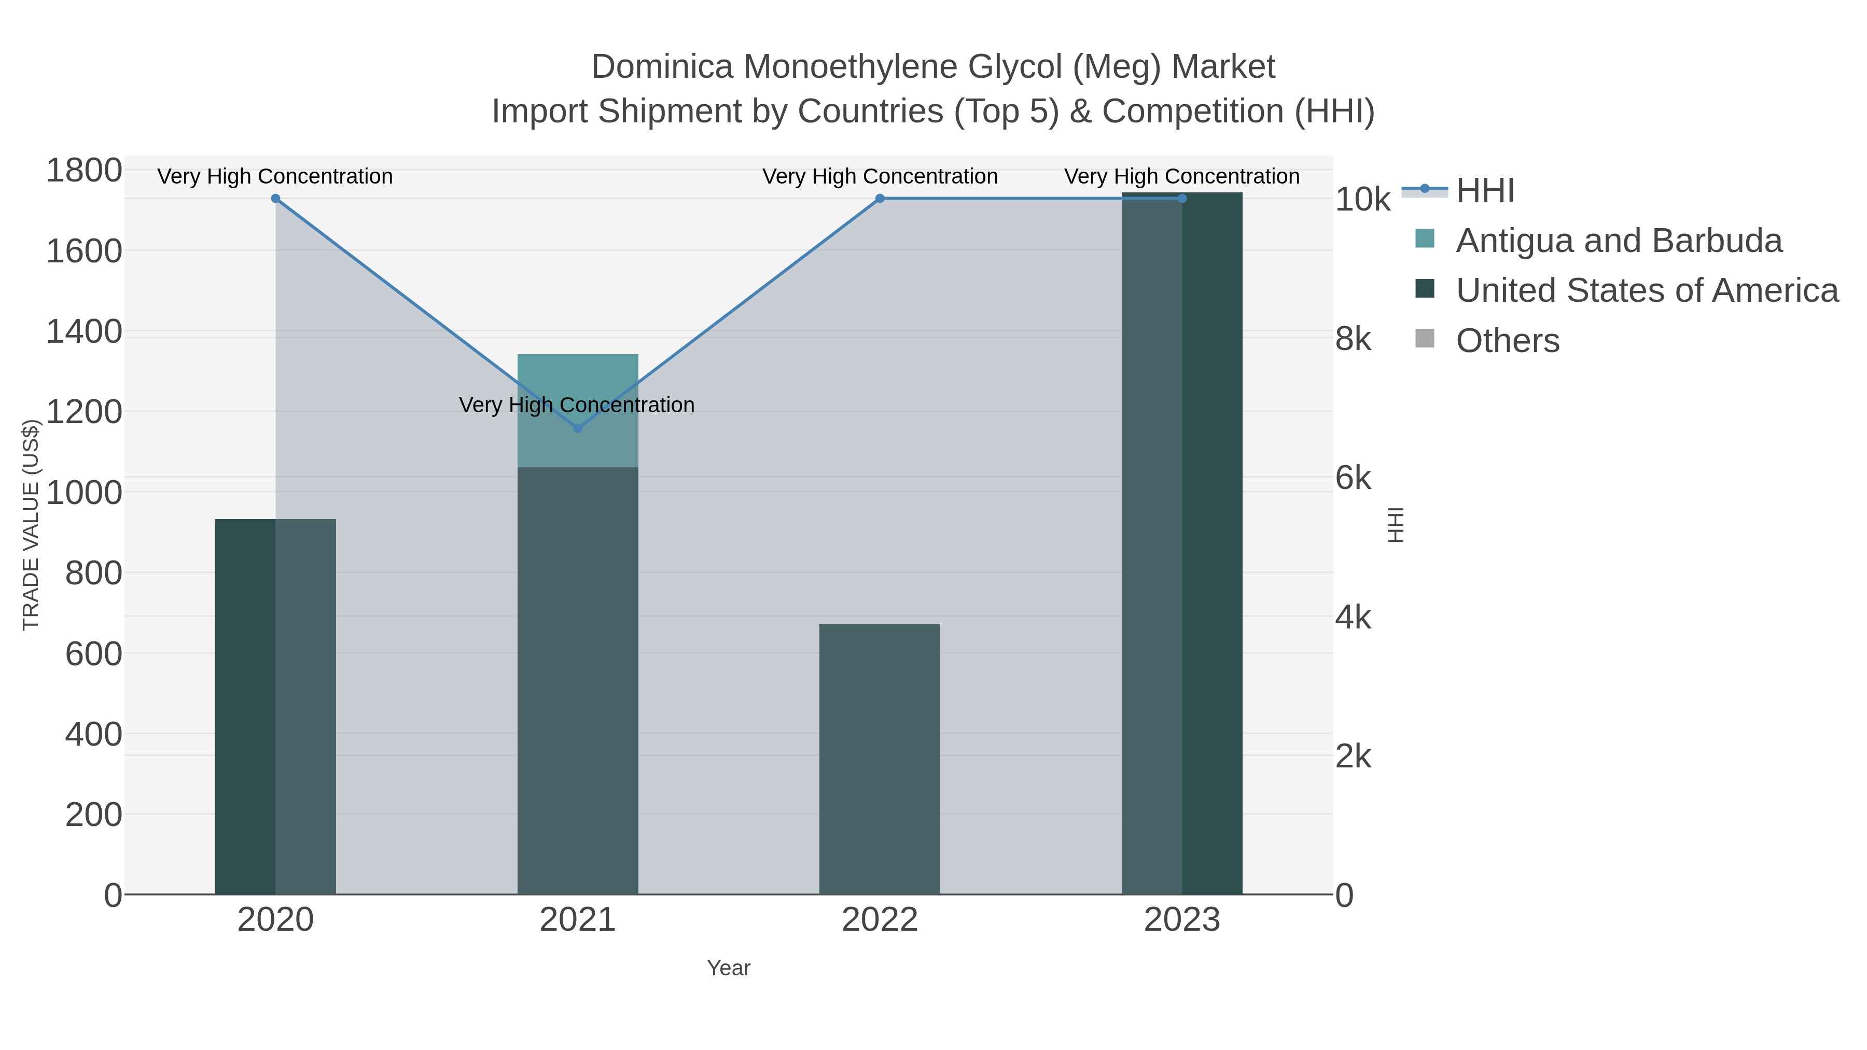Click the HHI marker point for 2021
[578, 428]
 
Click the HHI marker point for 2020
[275, 199]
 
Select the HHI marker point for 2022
[880, 199]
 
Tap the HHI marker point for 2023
[1182, 199]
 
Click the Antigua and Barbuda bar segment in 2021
[578, 384]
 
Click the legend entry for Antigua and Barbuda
[1619, 241]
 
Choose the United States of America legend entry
[1647, 290]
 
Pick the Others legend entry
[1508, 341]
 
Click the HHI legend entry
[1485, 191]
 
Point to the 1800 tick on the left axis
[84, 171]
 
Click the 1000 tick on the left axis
[84, 493]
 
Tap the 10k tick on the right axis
[1362, 200]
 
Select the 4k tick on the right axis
[1353, 618]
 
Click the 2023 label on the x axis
[1182, 920]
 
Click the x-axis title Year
[729, 968]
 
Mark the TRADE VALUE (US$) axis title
[31, 525]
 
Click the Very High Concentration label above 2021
[577, 405]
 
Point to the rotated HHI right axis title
[1395, 525]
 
